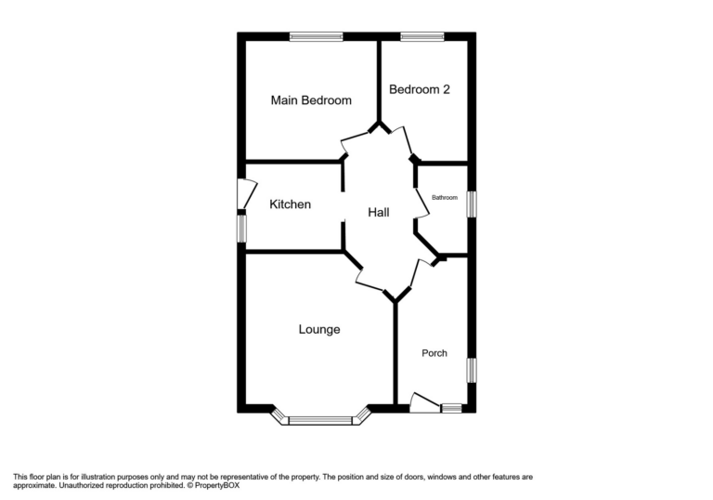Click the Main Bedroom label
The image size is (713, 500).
311,100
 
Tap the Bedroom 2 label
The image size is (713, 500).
420,90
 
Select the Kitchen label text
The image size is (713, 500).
290,204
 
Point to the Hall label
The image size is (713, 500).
378,213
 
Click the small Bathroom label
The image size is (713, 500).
445,197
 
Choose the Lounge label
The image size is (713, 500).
319,330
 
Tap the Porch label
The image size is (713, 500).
434,353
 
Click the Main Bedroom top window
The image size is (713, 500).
316,37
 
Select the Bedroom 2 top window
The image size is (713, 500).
421,37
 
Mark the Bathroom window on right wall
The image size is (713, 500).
471,204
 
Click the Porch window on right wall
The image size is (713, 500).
471,369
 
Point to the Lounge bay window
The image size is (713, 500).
320,420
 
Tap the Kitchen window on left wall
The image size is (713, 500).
241,229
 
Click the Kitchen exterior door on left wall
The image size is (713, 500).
246,192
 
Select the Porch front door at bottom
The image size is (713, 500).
423,404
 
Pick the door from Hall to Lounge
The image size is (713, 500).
369,282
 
